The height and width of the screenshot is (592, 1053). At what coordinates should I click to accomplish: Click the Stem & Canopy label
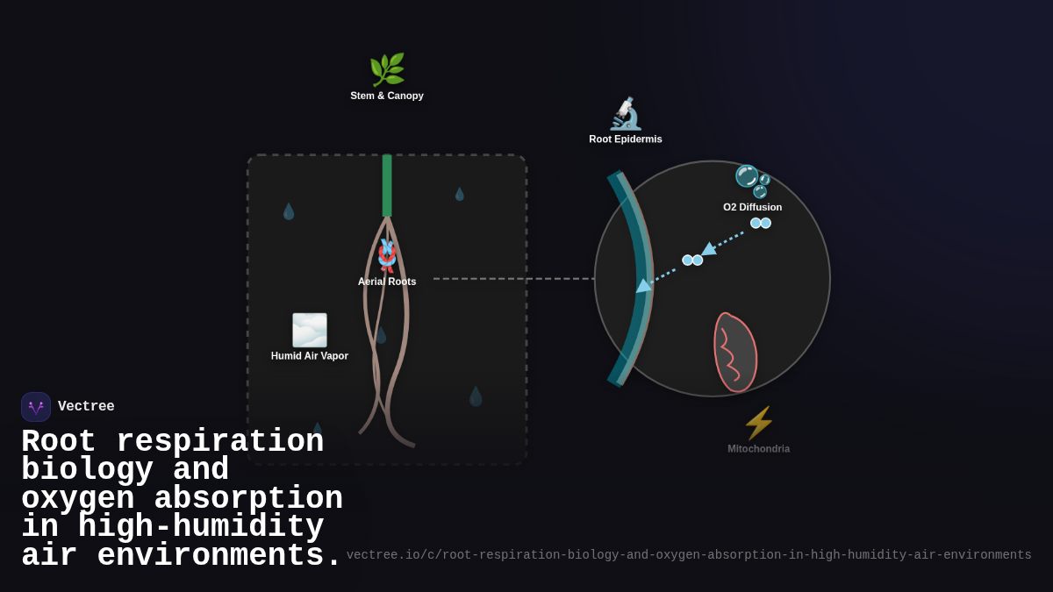pos(387,96)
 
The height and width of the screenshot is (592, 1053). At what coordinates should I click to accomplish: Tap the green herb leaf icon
pos(387,69)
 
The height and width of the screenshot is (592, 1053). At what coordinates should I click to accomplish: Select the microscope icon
pos(626,114)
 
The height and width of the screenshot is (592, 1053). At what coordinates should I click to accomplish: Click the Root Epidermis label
pos(626,139)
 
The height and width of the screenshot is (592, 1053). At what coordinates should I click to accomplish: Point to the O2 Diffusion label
pos(752,207)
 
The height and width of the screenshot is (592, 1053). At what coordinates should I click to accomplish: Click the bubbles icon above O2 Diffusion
pos(752,180)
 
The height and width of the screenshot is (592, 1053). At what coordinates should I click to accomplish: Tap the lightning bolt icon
pos(758,423)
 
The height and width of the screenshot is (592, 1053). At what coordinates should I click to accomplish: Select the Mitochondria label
pos(758,449)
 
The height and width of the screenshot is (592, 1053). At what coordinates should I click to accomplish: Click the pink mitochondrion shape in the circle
pos(734,352)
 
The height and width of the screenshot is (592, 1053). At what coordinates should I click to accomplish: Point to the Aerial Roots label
pos(387,282)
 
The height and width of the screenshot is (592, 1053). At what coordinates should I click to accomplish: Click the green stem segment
pos(387,185)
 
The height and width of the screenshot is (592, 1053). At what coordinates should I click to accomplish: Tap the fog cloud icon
pos(310,331)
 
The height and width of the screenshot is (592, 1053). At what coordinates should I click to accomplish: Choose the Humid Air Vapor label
pos(310,356)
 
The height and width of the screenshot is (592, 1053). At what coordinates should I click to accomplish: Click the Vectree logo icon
pos(36,407)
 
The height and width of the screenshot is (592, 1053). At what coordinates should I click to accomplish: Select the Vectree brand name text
pos(86,407)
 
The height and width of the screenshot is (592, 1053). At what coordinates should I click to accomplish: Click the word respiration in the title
pos(219,441)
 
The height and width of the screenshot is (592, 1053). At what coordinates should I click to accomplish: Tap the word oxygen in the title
pos(78,499)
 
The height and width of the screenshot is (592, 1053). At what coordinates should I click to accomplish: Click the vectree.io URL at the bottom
pos(689,555)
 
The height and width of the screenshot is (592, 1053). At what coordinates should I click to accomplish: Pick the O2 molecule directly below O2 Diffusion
pos(761,223)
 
